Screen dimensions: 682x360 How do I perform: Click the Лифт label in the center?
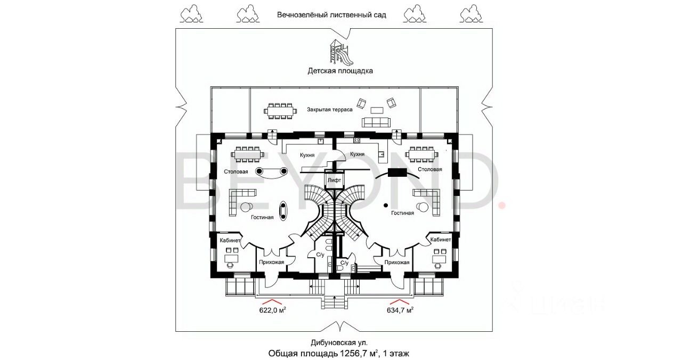(x=334, y=180)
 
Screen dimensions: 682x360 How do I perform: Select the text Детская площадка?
(x=340, y=71)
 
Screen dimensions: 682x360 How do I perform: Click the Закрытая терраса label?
(x=330, y=110)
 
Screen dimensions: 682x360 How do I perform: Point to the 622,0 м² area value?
(x=272, y=310)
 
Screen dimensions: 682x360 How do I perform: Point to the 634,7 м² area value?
(x=400, y=310)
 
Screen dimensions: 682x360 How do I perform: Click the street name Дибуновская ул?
(x=339, y=342)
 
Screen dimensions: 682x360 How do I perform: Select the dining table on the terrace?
(x=280, y=111)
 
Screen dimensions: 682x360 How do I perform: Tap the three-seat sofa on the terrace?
(x=376, y=122)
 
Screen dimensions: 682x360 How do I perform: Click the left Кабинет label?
(x=230, y=240)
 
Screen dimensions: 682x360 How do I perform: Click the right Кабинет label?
(x=441, y=240)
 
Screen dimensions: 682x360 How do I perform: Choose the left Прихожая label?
(x=272, y=262)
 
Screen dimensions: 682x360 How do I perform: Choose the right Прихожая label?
(x=397, y=262)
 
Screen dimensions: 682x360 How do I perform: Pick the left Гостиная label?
(x=262, y=217)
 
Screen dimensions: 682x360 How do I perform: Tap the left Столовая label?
(x=236, y=171)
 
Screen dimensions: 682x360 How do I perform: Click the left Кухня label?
(x=307, y=155)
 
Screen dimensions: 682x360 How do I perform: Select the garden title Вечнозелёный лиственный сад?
(x=331, y=15)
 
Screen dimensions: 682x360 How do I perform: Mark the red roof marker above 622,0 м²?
(x=272, y=301)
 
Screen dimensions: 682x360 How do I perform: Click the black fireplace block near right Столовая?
(x=397, y=173)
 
